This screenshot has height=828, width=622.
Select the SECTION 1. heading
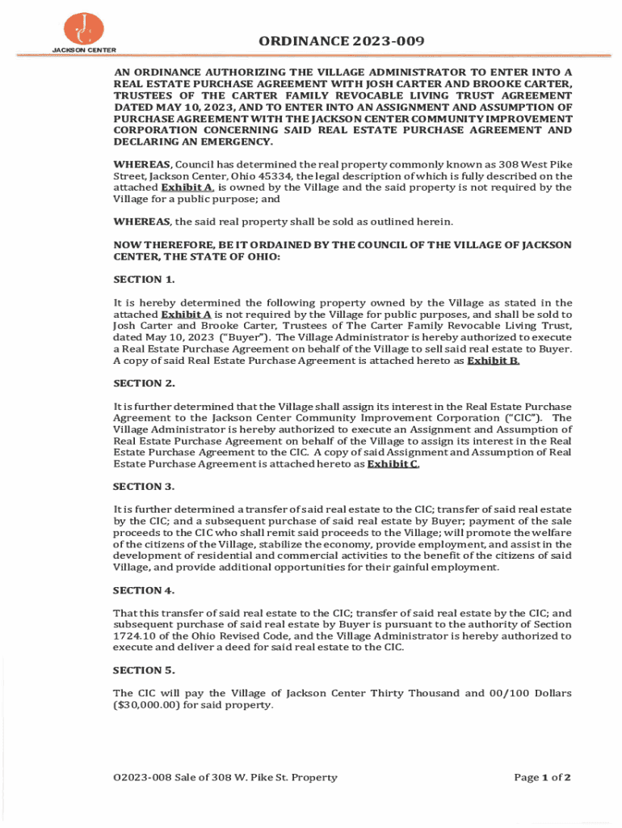[x=144, y=280]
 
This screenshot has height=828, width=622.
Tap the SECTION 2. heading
[x=144, y=383]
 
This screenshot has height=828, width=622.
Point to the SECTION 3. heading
[x=144, y=487]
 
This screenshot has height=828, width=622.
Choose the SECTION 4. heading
[x=144, y=590]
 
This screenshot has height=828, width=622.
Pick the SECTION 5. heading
[x=144, y=670]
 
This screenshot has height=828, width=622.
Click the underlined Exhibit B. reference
[x=493, y=361]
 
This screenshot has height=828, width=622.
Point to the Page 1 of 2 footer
[x=542, y=778]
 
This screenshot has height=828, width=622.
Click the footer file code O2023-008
[x=143, y=778]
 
